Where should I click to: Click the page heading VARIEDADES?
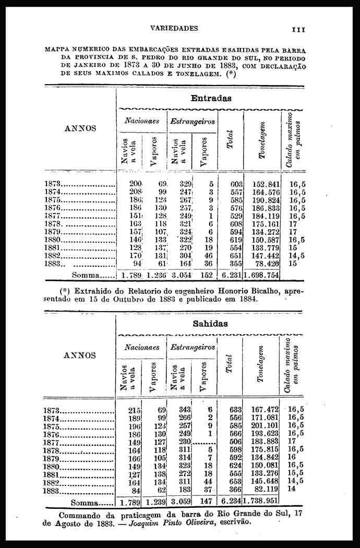[x=174, y=28]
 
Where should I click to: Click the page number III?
[x=298, y=30]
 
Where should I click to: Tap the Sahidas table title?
[x=210, y=324]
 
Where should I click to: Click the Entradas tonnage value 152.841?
[x=266, y=184]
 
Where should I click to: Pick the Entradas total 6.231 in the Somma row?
[x=230, y=275]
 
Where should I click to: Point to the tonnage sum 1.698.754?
[x=261, y=275]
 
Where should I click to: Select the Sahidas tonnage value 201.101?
[x=266, y=425]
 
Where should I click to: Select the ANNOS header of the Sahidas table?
[x=79, y=355]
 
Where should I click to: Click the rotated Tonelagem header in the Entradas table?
[x=262, y=140]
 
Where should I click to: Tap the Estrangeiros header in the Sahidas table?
[x=192, y=347]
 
